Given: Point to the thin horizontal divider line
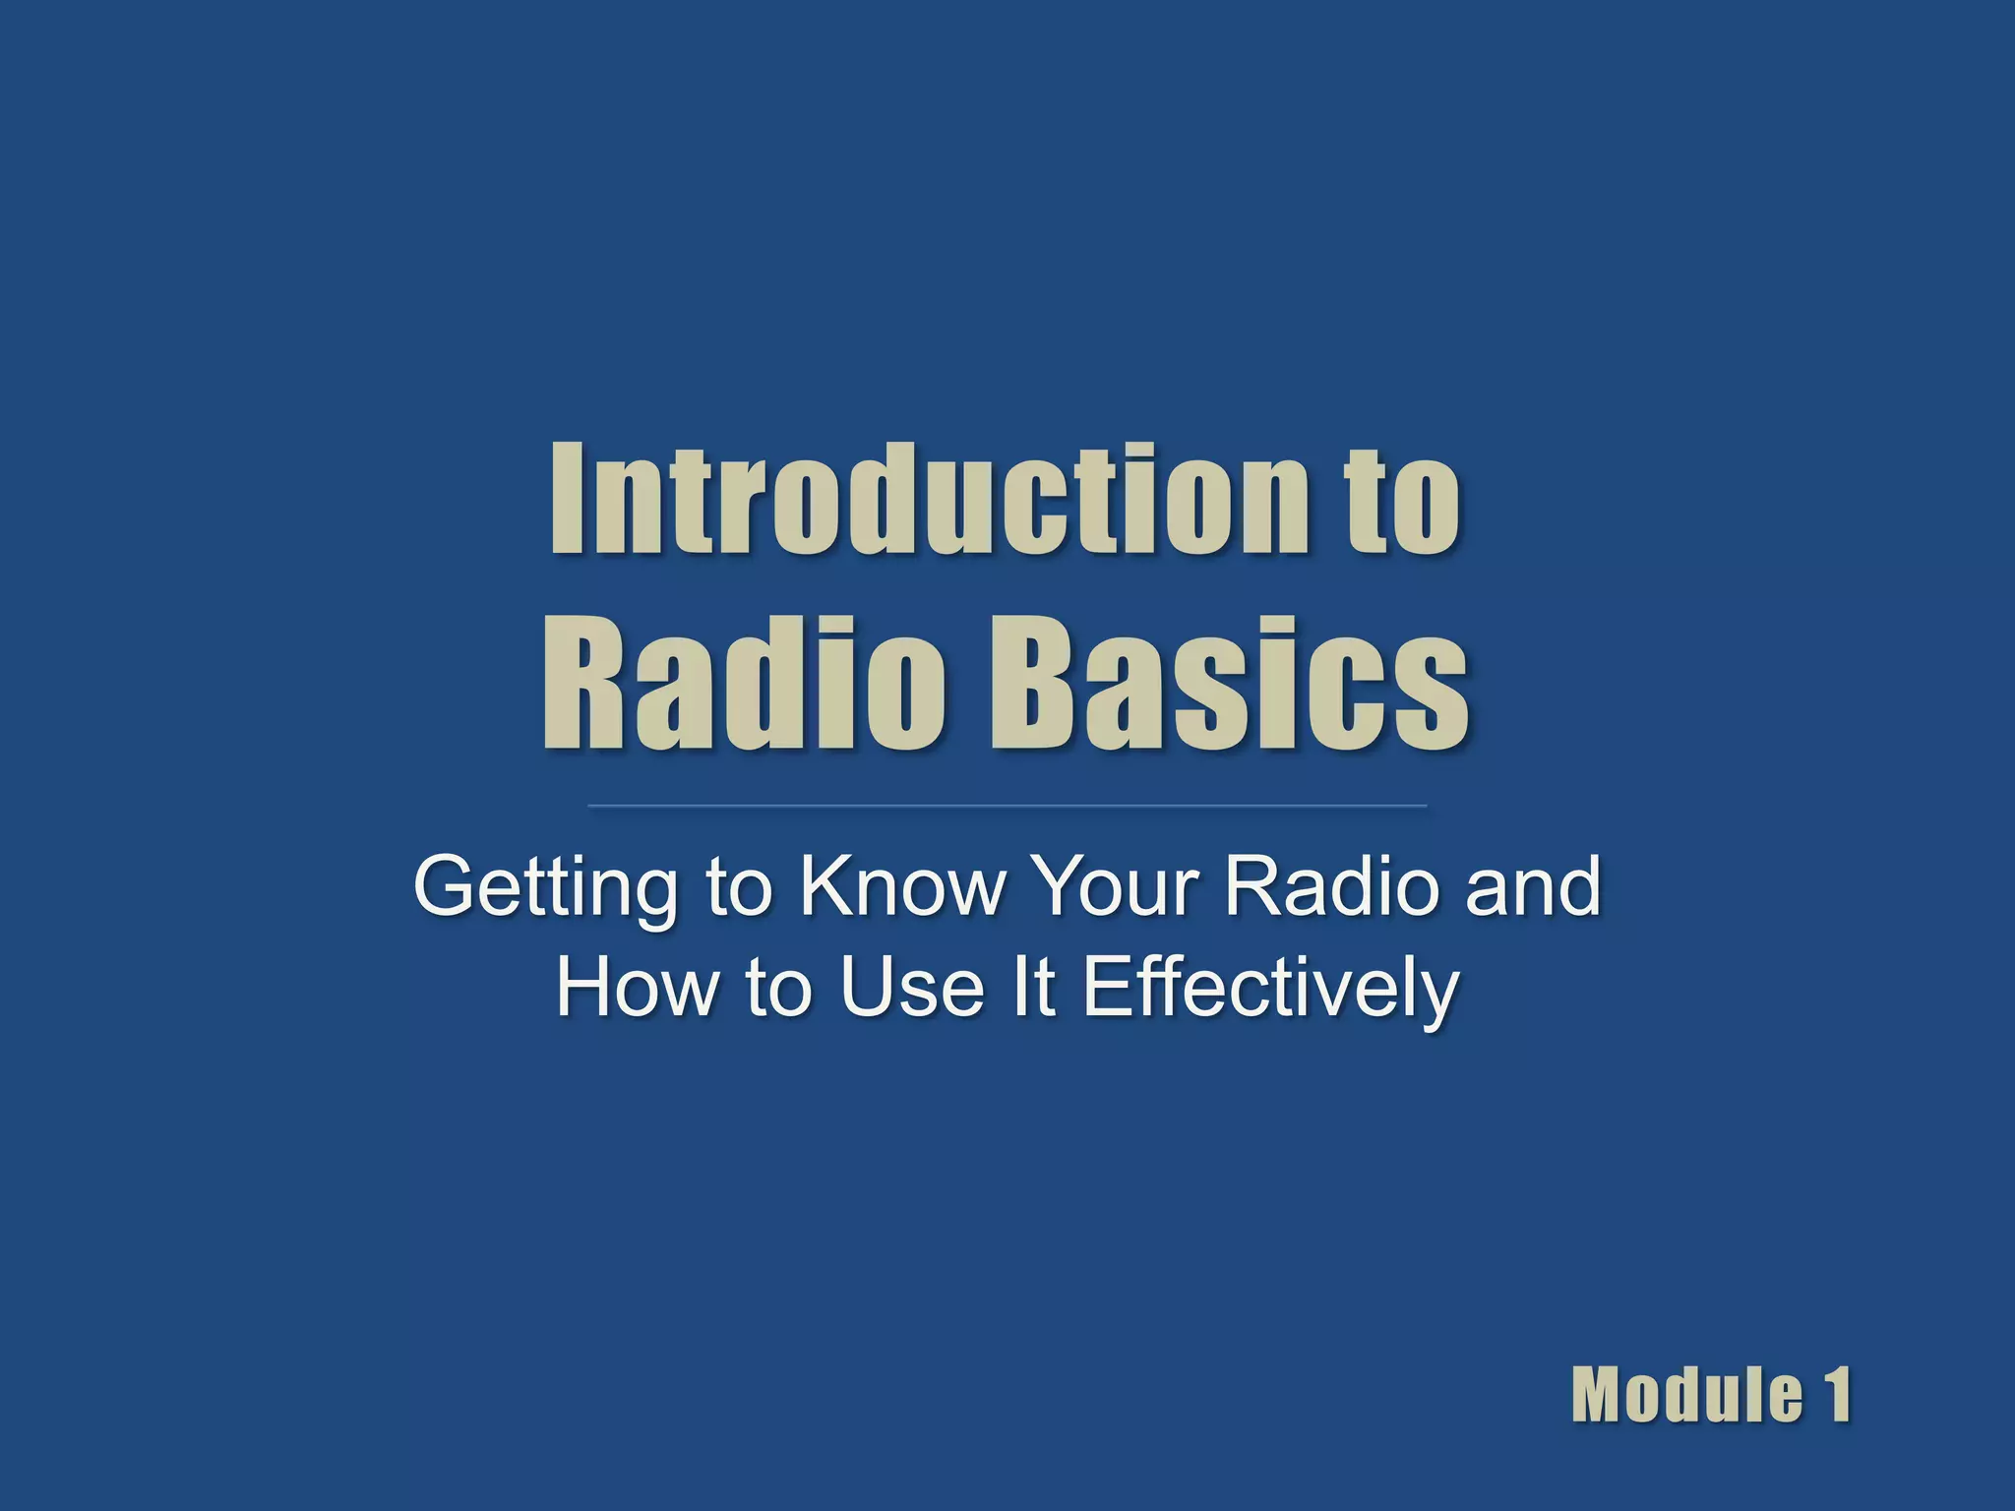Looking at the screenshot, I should click(1007, 806).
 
